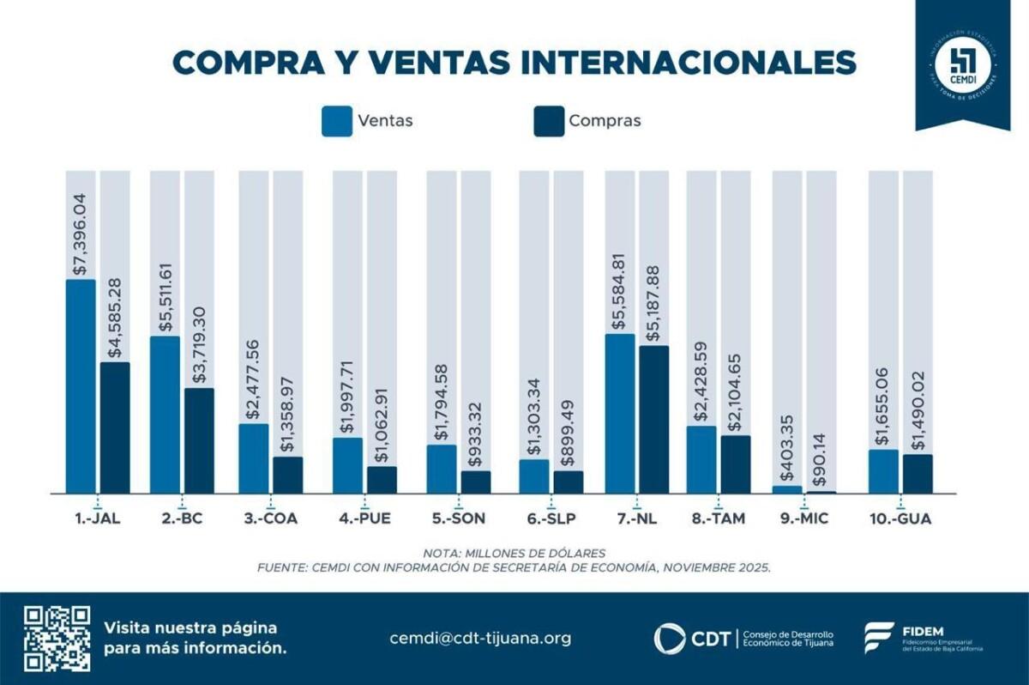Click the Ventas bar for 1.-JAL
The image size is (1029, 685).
tap(81, 386)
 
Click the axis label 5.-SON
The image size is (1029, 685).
tap(458, 518)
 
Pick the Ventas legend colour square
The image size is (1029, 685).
tap(337, 121)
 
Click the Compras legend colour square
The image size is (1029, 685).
tap(548, 121)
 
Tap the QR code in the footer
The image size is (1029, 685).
tap(57, 638)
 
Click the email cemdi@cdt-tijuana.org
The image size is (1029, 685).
tap(480, 638)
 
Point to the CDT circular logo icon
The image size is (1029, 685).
tap(670, 639)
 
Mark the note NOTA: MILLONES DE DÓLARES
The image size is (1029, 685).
tap(514, 552)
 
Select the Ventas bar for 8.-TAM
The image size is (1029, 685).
tap(701, 459)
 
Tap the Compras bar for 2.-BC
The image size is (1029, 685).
tap(199, 440)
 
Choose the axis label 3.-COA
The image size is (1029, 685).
tap(270, 518)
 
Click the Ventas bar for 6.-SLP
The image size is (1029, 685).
tap(533, 476)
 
